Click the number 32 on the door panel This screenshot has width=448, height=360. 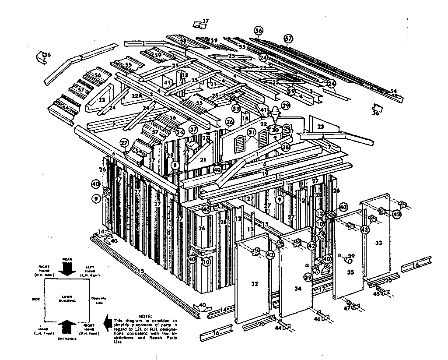pyautogui.click(x=255, y=284)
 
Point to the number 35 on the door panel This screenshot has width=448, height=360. pyautogui.click(x=350, y=272)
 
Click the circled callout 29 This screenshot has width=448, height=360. pyautogui.click(x=286, y=106)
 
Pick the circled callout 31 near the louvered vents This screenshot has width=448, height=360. pyautogui.click(x=251, y=132)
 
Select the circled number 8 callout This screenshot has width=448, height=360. pyautogui.click(x=175, y=165)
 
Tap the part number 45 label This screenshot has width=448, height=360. pyautogui.click(x=376, y=294)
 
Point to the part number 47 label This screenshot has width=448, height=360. pyautogui.click(x=347, y=309)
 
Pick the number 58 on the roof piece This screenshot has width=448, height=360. pyautogui.click(x=183, y=41)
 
